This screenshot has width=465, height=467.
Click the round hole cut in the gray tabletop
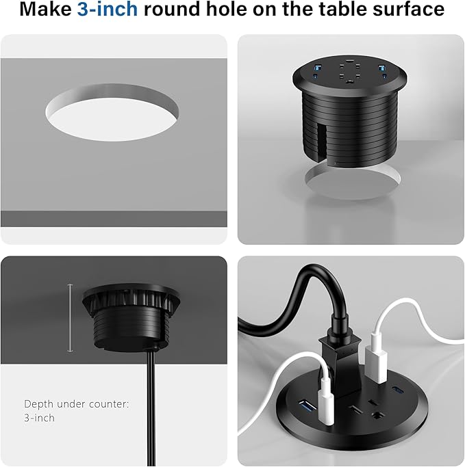(112, 112)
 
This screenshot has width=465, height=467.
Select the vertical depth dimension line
(70, 318)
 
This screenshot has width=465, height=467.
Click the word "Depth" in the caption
(38, 404)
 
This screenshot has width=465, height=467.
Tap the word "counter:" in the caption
(111, 404)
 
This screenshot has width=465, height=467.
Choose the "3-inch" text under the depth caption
(39, 418)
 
